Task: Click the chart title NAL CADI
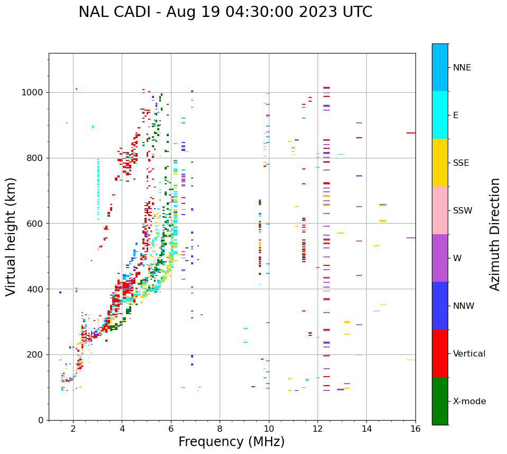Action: [x=225, y=12]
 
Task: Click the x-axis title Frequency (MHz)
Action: [x=231, y=442]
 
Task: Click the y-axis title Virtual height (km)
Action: [x=11, y=237]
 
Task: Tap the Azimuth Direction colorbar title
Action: [x=495, y=234]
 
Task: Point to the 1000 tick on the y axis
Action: [x=35, y=93]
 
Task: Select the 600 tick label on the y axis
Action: [x=37, y=224]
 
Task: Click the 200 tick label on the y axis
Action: [x=37, y=355]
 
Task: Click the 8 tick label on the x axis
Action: [x=220, y=429]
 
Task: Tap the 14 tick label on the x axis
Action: [x=366, y=429]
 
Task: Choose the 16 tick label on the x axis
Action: [x=415, y=429]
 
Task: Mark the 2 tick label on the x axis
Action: [x=73, y=429]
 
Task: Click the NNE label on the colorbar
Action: [x=461, y=68]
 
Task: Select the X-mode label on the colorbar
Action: [x=469, y=402]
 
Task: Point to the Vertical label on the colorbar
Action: [x=469, y=354]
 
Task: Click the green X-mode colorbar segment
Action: [x=440, y=401]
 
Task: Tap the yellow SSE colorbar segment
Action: [x=440, y=163]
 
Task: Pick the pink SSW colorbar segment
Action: [x=440, y=210]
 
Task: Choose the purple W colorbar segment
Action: [x=440, y=258]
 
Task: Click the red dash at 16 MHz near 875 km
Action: [x=411, y=133]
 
